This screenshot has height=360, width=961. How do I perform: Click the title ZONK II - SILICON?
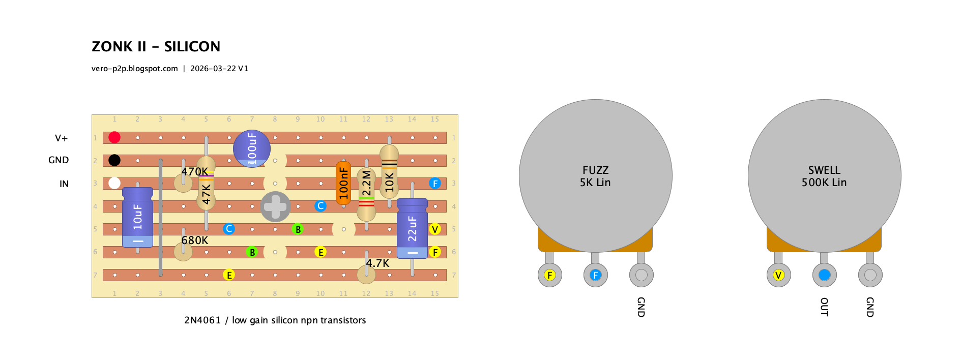click(x=156, y=46)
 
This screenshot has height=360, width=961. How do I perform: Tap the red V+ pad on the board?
click(x=114, y=137)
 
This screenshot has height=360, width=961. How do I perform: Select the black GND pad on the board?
click(x=114, y=160)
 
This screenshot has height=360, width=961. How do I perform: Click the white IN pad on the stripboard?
click(x=114, y=183)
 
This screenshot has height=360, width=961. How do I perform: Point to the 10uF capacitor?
click(x=137, y=217)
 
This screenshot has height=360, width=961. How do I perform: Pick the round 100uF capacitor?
click(x=252, y=148)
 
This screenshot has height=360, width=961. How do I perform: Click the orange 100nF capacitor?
click(x=343, y=183)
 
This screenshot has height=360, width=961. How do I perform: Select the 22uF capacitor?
click(x=412, y=229)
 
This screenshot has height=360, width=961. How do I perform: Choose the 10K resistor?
click(x=389, y=171)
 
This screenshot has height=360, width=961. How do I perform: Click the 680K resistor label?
click(x=195, y=240)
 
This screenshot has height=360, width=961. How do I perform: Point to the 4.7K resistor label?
click(x=377, y=263)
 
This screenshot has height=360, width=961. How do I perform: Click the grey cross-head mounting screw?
click(x=275, y=206)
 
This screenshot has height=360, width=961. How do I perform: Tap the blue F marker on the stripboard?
click(x=435, y=183)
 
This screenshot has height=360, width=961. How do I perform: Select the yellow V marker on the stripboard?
click(x=435, y=229)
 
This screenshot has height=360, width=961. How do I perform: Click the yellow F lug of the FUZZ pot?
click(x=549, y=275)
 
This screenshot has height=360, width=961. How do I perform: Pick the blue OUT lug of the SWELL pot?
click(x=824, y=275)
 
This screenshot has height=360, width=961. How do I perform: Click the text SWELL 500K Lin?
click(x=824, y=176)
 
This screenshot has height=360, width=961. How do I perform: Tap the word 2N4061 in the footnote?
click(x=202, y=320)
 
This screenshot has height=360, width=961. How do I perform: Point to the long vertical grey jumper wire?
click(x=161, y=218)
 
